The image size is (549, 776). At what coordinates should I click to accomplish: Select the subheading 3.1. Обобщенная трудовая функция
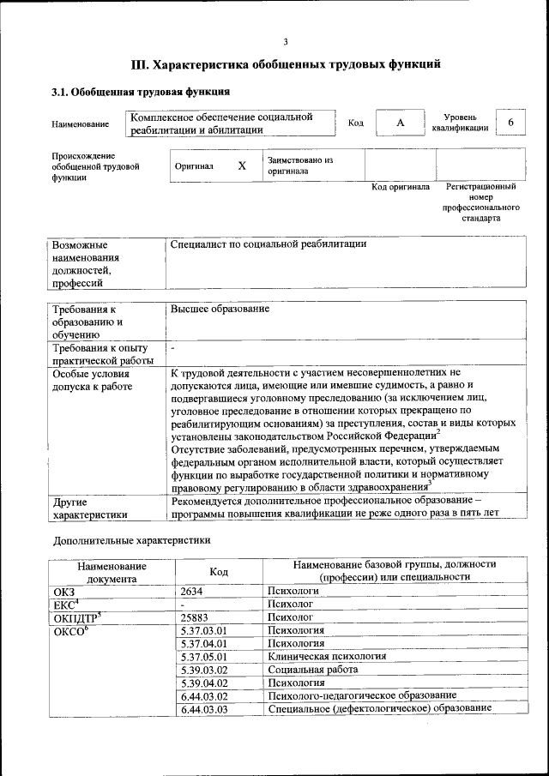[142, 92]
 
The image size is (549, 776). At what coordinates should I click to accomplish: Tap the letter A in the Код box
[400, 123]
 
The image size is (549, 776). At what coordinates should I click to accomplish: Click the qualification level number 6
[511, 123]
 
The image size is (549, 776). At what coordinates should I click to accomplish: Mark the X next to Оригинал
[242, 165]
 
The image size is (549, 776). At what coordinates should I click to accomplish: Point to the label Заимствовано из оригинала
[300, 165]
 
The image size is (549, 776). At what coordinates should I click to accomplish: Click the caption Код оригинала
[400, 186]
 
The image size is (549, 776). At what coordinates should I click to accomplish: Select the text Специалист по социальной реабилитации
[268, 244]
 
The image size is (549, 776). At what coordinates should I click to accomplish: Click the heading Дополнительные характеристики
[131, 541]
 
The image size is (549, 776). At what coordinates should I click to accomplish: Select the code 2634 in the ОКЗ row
[193, 592]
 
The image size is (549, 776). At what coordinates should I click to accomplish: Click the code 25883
[196, 617]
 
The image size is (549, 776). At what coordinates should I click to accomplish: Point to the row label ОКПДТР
[77, 617]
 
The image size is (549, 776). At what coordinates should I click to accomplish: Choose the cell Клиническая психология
[327, 656]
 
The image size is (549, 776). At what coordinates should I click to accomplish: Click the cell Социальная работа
[309, 669]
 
